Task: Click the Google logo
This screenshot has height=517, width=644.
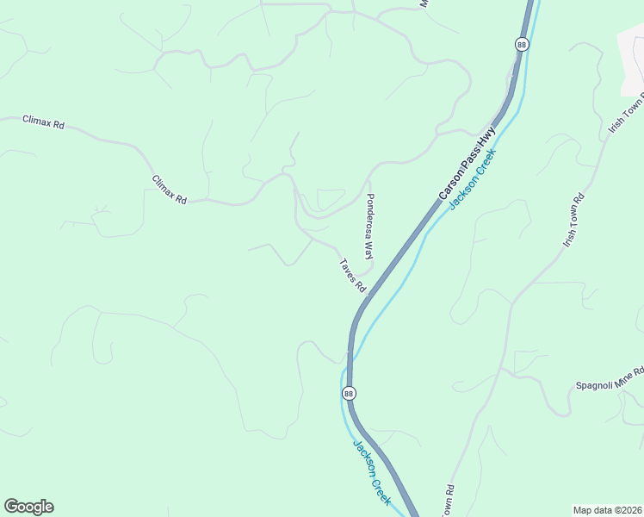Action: point(28,507)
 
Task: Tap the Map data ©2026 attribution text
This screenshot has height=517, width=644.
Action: point(608,510)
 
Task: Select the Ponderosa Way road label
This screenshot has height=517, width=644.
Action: point(369,227)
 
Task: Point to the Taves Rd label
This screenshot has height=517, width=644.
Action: point(352,276)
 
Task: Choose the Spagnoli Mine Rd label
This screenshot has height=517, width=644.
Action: point(610,379)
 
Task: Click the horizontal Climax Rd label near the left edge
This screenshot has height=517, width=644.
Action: point(43,123)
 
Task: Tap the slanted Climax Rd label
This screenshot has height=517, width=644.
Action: point(170,190)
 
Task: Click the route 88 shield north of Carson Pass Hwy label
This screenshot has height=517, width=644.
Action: point(522,43)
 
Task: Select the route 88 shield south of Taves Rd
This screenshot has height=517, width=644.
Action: point(348,393)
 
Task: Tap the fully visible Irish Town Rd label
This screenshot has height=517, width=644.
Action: point(574,220)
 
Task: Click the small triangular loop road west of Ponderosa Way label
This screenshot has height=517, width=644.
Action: point(331,199)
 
